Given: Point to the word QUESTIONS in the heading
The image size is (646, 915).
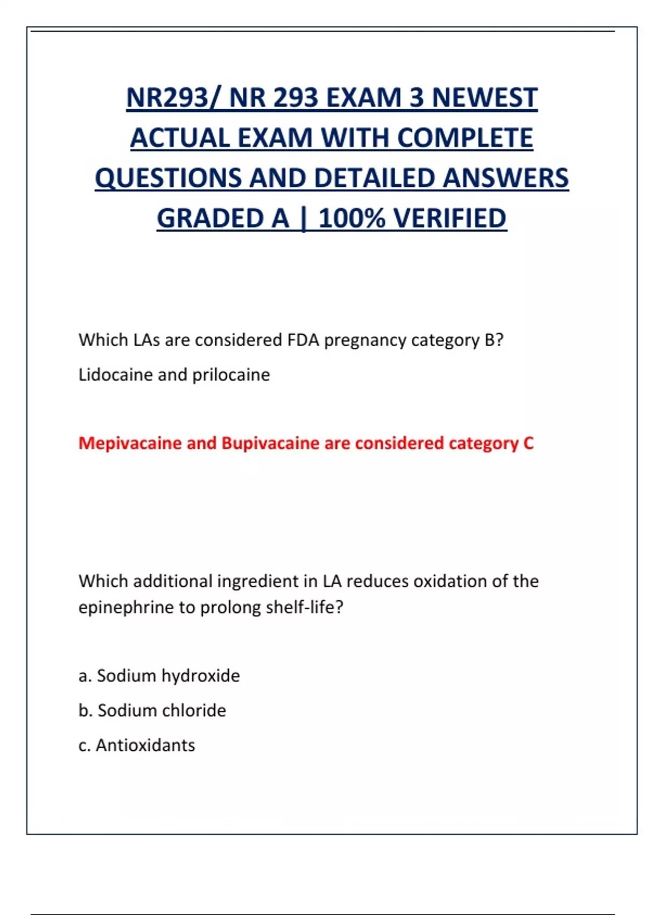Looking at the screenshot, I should [168, 178].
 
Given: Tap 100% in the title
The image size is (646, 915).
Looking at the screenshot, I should [352, 219].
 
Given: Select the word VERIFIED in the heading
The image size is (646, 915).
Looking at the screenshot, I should [450, 219].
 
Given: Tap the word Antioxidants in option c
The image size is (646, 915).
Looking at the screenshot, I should [145, 745].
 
